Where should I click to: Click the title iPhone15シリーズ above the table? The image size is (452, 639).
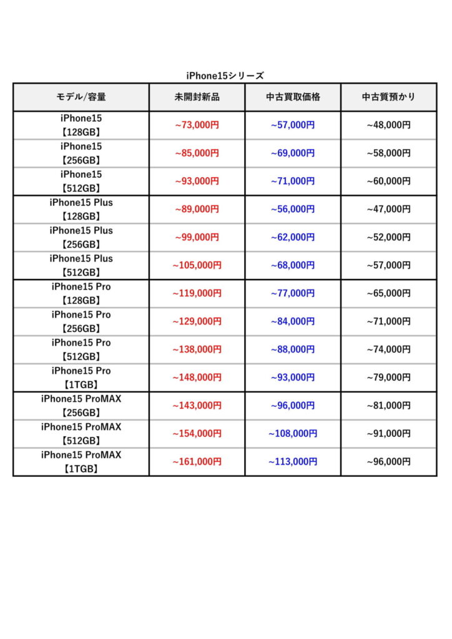(225, 76)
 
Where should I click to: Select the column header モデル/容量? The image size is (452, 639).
(81, 97)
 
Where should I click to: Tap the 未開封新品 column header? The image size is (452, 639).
(197, 97)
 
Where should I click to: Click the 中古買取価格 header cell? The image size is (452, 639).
(293, 97)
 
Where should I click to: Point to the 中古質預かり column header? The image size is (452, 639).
(388, 97)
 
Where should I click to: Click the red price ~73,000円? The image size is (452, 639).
(197, 125)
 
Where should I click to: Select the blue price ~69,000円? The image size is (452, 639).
(293, 153)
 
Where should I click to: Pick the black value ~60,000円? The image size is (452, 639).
(388, 181)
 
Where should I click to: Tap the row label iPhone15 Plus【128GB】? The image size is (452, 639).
(81, 209)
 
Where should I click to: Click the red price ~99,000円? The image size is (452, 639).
(197, 237)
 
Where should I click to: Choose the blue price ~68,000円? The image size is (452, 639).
(293, 265)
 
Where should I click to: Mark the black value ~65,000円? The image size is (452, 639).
(388, 293)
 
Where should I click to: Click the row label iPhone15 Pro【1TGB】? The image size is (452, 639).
(81, 378)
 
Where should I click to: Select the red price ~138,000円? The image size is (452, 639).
(197, 349)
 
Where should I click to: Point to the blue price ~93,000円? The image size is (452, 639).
(293, 378)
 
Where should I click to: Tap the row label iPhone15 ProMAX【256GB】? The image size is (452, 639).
(81, 406)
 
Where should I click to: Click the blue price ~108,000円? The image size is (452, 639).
(293, 434)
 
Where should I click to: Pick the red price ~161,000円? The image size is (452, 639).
(197, 462)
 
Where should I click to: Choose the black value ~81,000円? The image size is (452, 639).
(388, 406)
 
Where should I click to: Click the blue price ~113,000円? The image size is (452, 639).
(293, 462)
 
